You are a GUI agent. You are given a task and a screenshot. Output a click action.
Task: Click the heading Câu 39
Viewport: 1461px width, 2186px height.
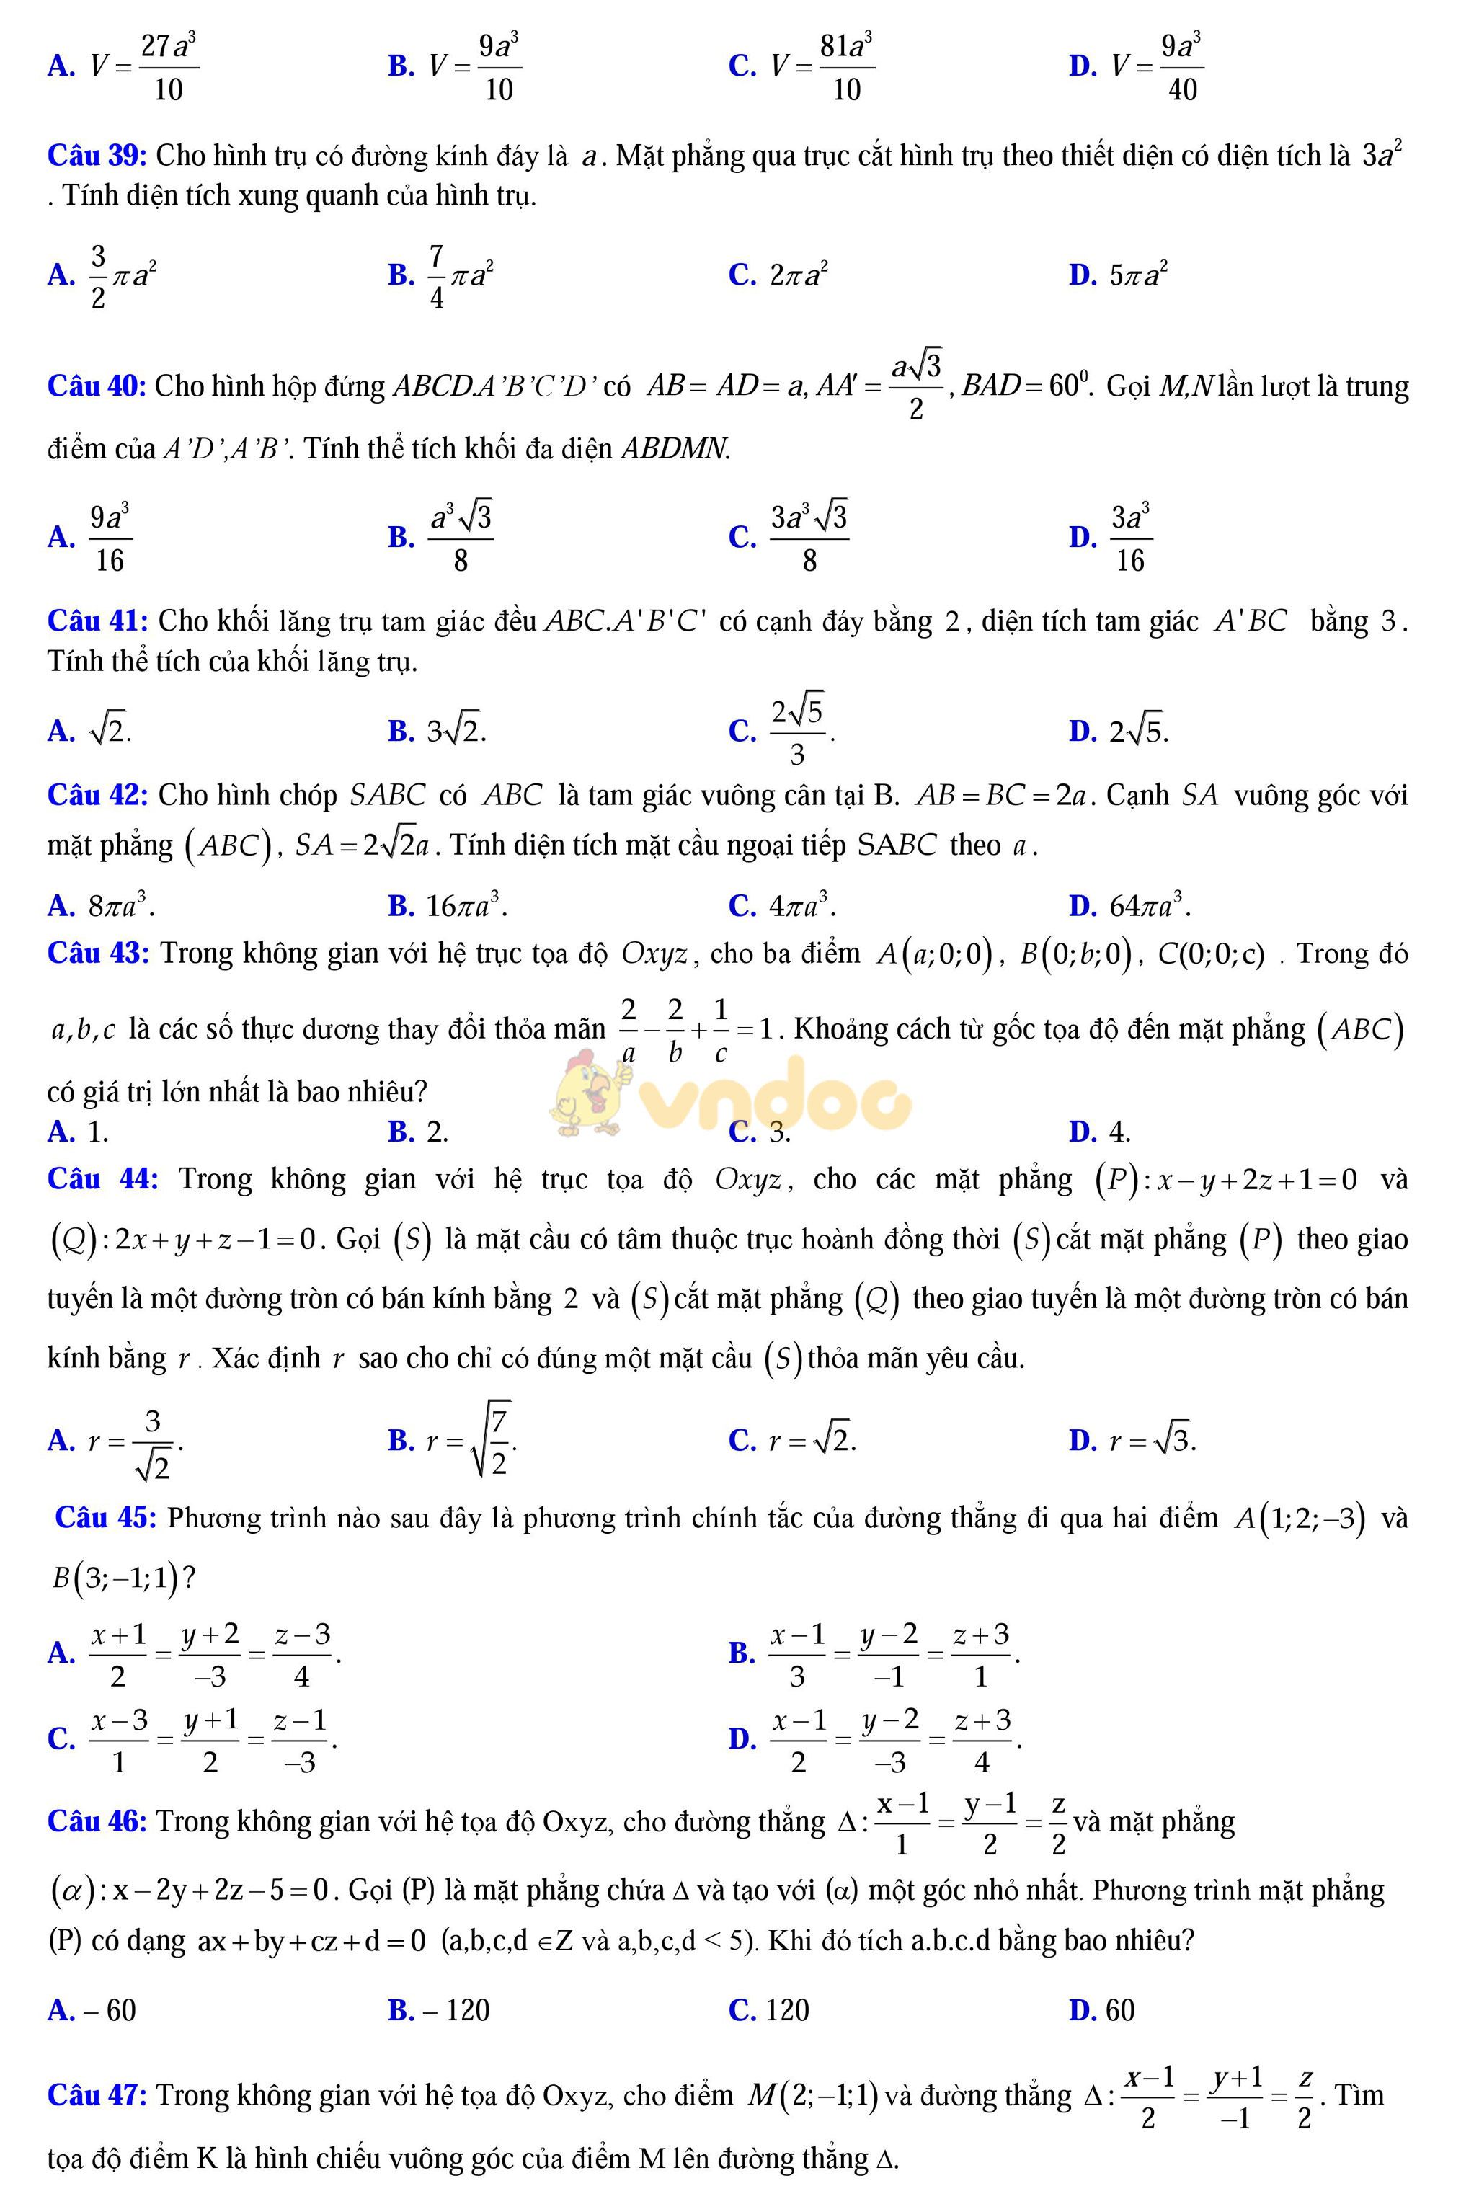pos(97,156)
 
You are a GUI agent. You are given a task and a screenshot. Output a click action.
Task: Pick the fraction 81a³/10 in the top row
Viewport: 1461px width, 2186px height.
pos(846,67)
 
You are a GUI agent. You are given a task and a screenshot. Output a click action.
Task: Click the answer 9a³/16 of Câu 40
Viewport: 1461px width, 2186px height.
pos(110,538)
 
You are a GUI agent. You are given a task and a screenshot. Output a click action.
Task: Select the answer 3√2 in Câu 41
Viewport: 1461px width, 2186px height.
pos(456,732)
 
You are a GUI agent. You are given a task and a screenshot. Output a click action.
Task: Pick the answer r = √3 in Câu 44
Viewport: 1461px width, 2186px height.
pos(1153,1441)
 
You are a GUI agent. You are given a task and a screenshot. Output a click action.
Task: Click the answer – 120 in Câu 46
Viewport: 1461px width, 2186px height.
pos(456,2010)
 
